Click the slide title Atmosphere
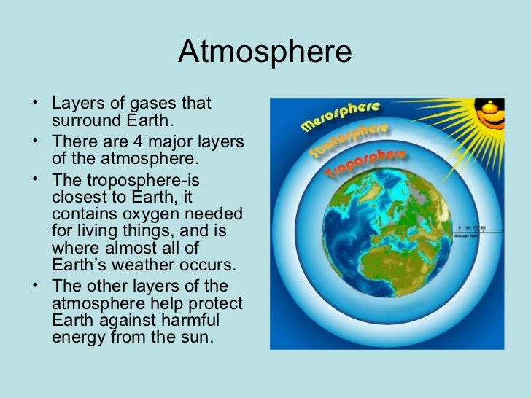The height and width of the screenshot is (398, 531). click(265, 52)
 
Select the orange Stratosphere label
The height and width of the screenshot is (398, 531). click(349, 141)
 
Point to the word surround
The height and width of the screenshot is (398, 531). click(84, 120)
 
